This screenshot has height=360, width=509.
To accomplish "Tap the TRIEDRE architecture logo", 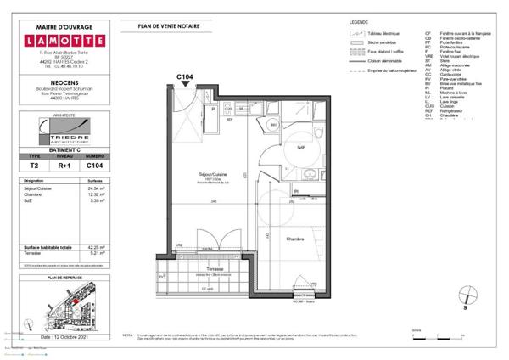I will [65, 129].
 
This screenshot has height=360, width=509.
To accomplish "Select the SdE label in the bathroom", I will [300, 148].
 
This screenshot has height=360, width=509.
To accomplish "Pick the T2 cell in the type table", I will [35, 168].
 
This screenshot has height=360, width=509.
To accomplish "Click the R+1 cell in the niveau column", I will [65, 168].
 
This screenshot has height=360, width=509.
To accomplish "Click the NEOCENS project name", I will [65, 75].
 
